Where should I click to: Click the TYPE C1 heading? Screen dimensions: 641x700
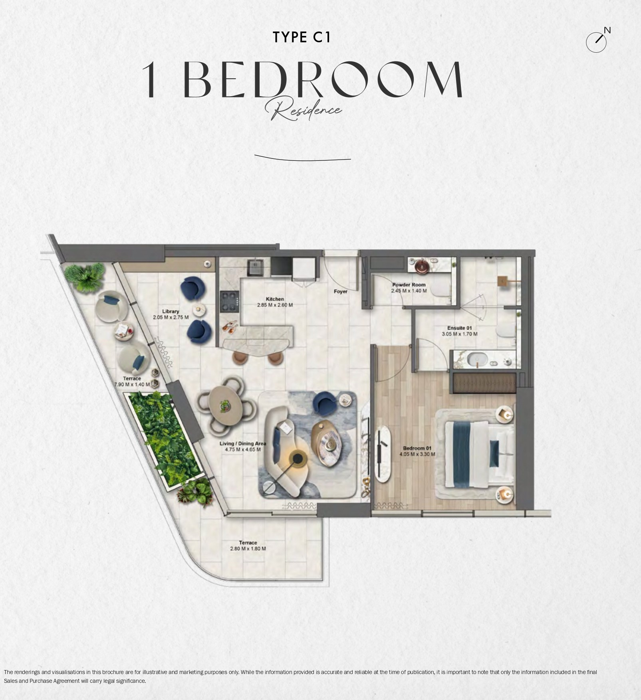click(x=302, y=37)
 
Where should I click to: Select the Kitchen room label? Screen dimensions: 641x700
click(x=275, y=299)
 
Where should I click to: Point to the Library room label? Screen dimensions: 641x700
click(x=171, y=311)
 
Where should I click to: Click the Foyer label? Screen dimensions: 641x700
click(x=341, y=291)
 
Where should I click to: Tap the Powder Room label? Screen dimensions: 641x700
click(x=409, y=285)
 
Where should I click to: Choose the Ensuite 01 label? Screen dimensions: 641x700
click(x=459, y=328)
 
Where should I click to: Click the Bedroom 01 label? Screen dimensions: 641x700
click(x=417, y=448)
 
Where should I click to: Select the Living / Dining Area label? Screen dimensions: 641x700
click(x=243, y=443)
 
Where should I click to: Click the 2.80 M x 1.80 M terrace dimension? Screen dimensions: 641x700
click(x=248, y=549)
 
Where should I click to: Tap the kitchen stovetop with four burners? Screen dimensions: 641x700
click(x=230, y=301)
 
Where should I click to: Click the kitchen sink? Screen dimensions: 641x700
click(x=254, y=267)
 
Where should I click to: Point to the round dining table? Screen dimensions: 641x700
click(x=226, y=406)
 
